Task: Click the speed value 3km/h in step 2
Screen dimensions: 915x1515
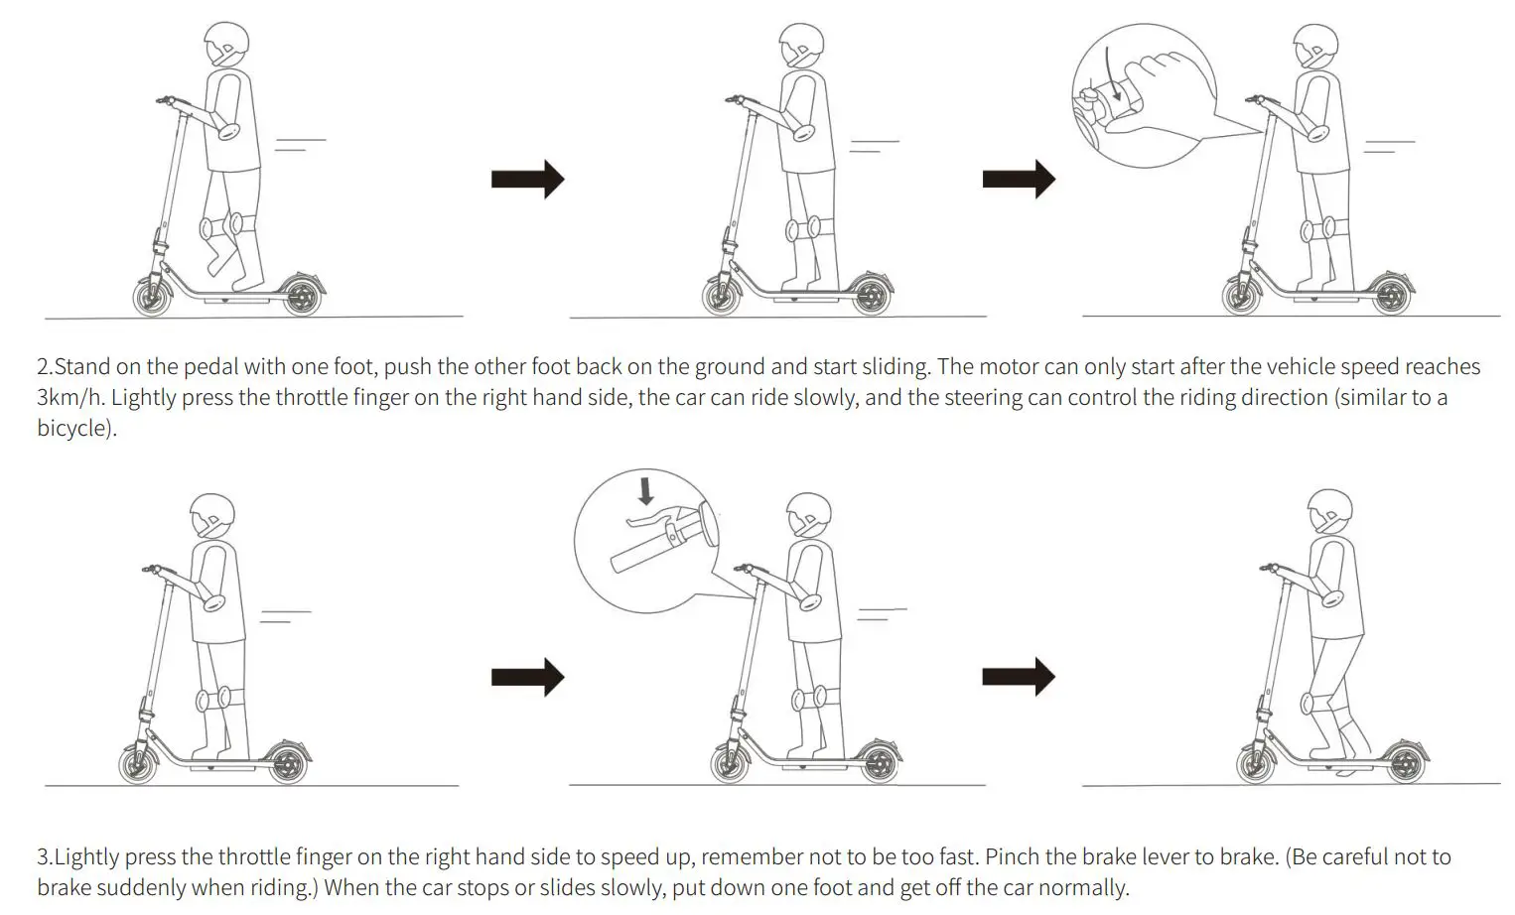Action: click(69, 398)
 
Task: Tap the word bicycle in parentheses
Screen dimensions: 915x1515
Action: click(73, 430)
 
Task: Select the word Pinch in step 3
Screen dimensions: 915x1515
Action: click(1015, 857)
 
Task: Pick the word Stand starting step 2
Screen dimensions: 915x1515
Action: click(82, 367)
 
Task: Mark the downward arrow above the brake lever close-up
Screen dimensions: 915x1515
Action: click(646, 491)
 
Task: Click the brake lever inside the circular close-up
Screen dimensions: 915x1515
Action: click(655, 522)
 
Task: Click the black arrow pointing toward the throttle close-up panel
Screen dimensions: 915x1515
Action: click(1019, 180)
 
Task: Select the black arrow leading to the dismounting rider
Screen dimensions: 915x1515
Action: click(1019, 677)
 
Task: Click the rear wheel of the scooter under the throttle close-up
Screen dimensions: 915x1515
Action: click(1392, 296)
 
